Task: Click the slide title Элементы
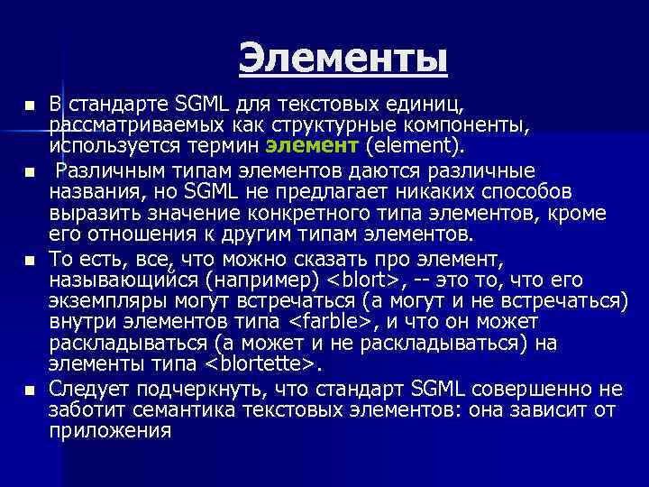coord(343,60)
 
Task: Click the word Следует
coord(84,389)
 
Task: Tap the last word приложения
coord(110,431)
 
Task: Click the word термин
coord(229,144)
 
